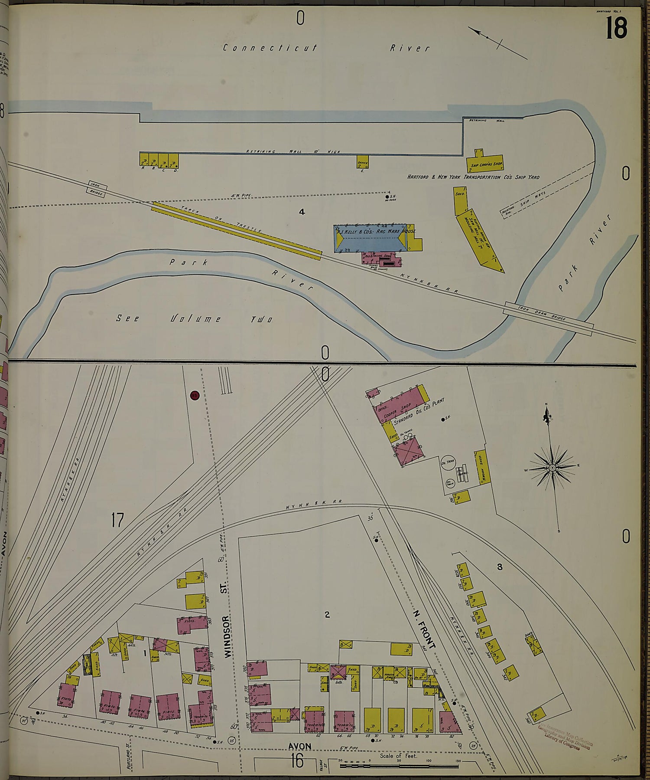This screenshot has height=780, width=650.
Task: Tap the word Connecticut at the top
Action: tap(270, 48)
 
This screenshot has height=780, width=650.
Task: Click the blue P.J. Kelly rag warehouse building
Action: tap(370, 238)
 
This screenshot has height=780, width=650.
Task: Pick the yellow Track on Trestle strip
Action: tap(236, 230)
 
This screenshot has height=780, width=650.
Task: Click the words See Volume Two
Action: tap(194, 319)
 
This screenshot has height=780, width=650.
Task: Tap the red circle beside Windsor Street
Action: tap(195, 395)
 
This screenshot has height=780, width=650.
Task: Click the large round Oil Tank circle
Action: tap(448, 462)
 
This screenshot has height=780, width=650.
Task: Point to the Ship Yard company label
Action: tap(473, 177)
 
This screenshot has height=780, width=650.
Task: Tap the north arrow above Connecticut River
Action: tap(497, 42)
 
